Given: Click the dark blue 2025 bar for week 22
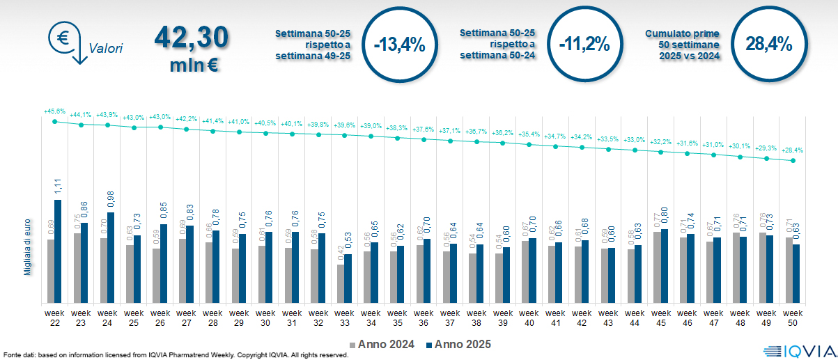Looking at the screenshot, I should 58,251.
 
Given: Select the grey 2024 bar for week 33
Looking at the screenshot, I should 341,283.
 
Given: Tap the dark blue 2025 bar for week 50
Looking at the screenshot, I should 796,274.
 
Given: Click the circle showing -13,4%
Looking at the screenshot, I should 399,45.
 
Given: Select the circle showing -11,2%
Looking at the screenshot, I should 584,45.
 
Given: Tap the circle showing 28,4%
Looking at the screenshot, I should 769,45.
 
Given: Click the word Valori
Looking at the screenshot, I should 106,49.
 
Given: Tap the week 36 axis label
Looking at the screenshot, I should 424,317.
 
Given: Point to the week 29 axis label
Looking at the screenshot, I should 239,317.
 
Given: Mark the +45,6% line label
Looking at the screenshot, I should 54,111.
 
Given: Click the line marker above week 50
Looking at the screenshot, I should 793,161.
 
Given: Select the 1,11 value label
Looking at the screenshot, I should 58,187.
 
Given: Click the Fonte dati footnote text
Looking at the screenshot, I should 174,355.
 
